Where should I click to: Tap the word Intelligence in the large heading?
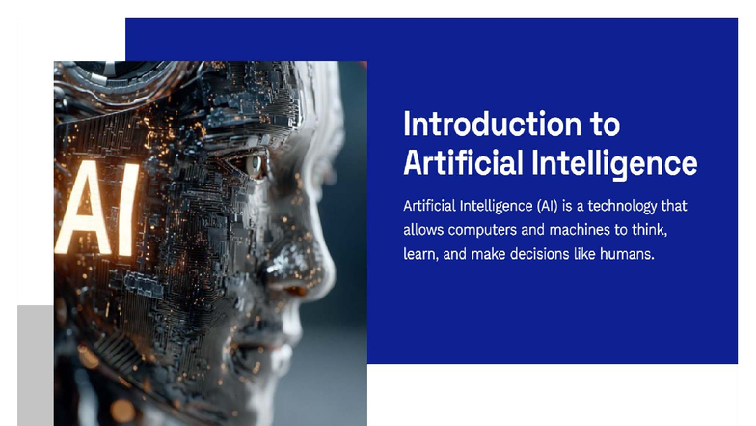coord(615,160)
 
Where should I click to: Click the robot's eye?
coord(256,164)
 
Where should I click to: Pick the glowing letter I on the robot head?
coord(128,209)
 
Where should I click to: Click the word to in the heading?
coord(604,124)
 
